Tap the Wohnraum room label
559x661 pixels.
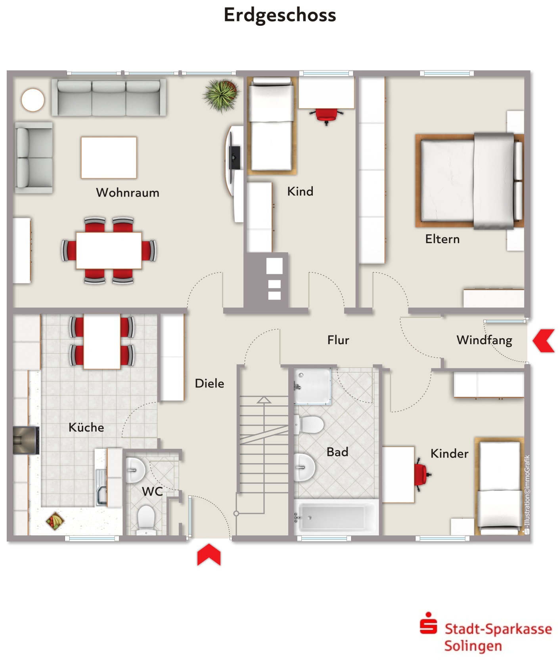128,193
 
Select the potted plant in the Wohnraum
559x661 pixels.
222,95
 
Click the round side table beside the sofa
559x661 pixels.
33,100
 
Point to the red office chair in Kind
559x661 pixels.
326,115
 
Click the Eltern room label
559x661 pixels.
442,239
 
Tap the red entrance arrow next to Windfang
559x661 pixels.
544,340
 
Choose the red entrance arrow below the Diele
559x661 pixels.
209,554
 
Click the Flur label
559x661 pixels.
338,340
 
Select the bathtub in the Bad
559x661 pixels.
336,517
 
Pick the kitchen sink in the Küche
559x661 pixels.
101,487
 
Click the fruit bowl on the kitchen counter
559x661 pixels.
55,521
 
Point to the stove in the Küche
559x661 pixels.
26,440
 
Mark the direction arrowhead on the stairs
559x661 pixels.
264,400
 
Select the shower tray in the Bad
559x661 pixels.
312,386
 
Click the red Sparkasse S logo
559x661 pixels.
429,624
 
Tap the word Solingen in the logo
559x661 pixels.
473,646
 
